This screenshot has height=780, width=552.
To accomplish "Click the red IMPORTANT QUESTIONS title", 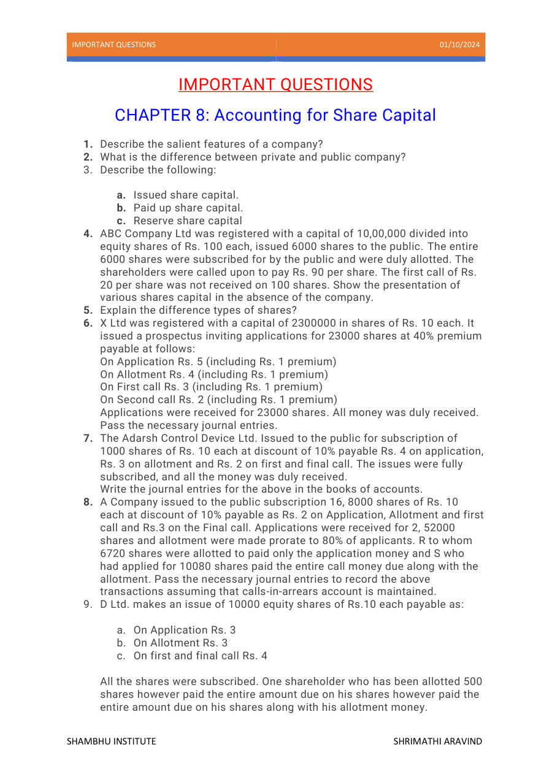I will click(275, 85).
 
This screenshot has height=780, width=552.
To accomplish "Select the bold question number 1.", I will click(88, 144).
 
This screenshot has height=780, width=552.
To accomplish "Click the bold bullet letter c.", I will click(121, 221).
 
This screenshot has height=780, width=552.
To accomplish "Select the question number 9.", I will click(88, 605).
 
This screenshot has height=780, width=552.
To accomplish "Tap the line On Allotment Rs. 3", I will click(180, 643).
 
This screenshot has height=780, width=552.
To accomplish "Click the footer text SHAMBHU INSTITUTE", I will click(111, 741).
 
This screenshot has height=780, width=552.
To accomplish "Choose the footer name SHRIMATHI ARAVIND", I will click(437, 741).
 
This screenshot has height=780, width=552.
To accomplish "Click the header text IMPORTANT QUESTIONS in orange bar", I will click(113, 45).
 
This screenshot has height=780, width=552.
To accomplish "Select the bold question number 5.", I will click(88, 310).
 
